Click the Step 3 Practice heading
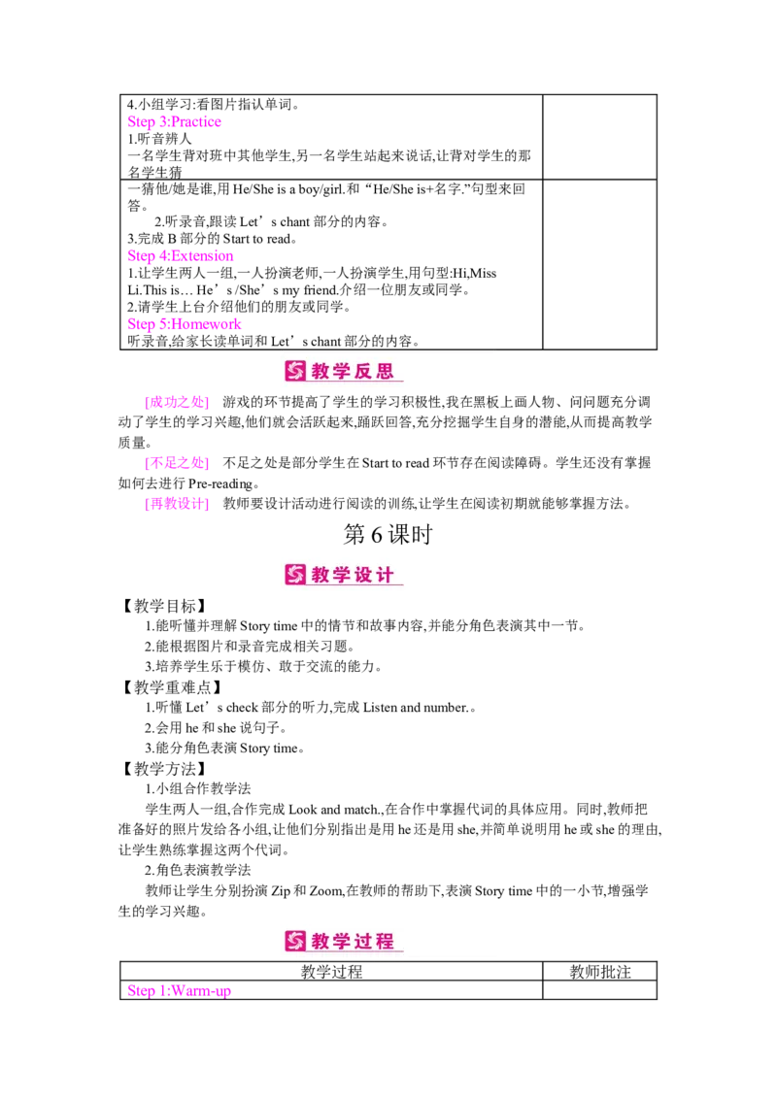pos(175,123)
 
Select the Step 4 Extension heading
pos(182,257)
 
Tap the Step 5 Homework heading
pos(186,325)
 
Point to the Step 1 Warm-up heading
pos(179,991)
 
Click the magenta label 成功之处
pos(176,402)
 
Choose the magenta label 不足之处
pos(176,463)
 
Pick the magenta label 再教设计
pos(176,504)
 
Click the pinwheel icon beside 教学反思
pos(295,371)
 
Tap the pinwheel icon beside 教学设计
pos(295,575)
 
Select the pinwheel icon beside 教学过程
pos(295,941)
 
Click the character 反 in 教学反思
pos(364,371)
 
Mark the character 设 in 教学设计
pos(364,575)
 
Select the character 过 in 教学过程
pos(364,941)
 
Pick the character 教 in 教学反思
pos(321,371)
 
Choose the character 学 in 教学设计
pos(343,575)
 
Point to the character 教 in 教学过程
pos(321,941)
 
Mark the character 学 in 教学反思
pos(343,371)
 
